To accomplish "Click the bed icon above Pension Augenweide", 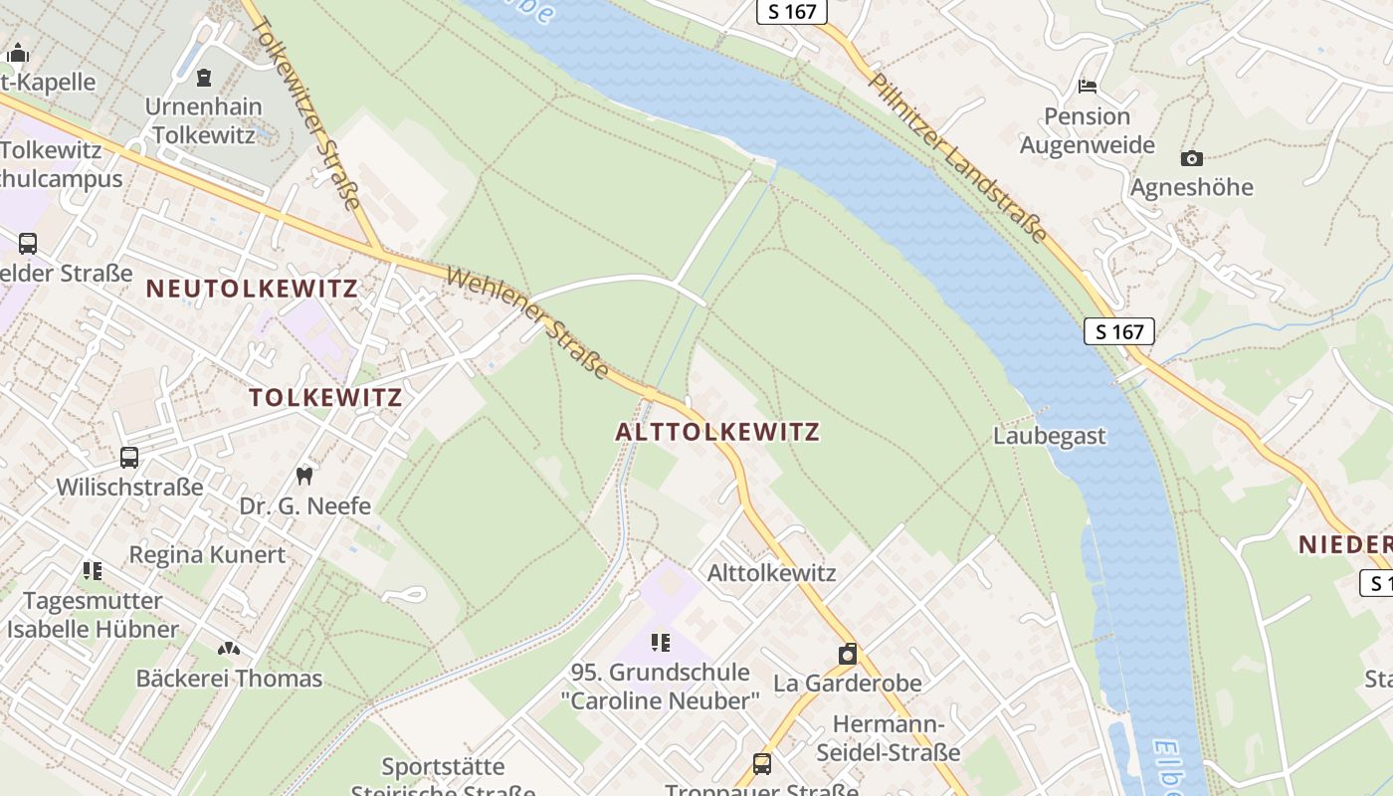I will point(1087,87).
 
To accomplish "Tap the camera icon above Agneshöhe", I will point(1191,158).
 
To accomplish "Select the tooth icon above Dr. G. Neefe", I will point(305,477).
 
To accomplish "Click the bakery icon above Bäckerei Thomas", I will point(229,649).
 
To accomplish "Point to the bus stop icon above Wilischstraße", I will point(129,458).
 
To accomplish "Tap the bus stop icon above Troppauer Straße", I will point(761,763).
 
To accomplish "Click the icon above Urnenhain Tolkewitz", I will point(204,77).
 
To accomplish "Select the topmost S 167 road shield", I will point(792,12).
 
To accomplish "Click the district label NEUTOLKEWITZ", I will point(252,289).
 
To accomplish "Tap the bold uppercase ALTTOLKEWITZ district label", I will point(717,432).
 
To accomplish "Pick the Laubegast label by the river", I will point(1049,436).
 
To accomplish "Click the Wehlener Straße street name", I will point(527,323).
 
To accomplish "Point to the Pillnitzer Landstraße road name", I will point(958,157).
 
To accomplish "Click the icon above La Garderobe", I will point(848,654).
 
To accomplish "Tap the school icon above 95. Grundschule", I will point(660,643).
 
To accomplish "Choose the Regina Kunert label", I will point(207,554).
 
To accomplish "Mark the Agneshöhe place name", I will point(1191,187).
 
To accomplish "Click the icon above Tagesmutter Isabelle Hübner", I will point(93,571).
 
